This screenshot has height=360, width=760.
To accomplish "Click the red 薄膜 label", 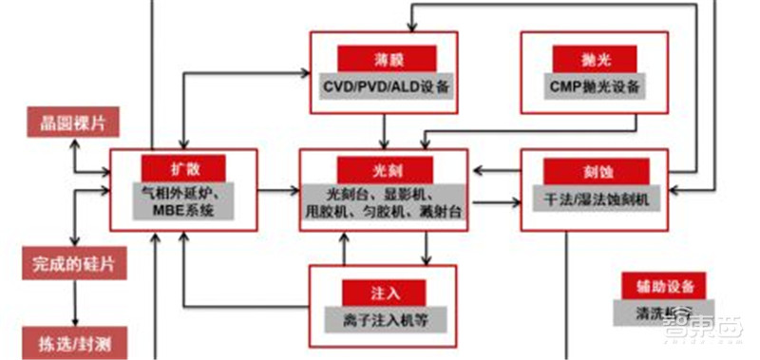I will tap(385, 59).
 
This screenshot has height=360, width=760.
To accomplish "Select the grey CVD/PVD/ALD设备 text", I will tap(385, 86).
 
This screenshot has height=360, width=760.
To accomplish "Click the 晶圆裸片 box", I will tap(66, 121).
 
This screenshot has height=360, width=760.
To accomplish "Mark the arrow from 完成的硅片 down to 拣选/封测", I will tap(72, 301).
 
